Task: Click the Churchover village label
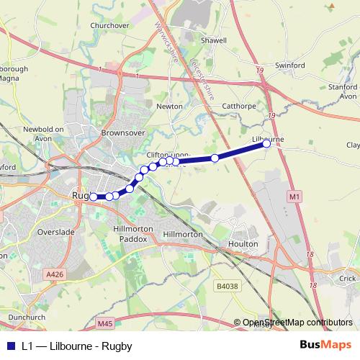click(x=109, y=25)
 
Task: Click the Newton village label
click(x=170, y=106)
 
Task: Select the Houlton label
click(x=243, y=244)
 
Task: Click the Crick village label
click(x=348, y=278)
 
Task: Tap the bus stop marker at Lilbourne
click(x=266, y=143)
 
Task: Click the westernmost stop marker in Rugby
click(x=94, y=196)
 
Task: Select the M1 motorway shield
click(x=293, y=195)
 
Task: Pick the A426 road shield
click(x=55, y=274)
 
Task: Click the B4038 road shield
click(x=225, y=286)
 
